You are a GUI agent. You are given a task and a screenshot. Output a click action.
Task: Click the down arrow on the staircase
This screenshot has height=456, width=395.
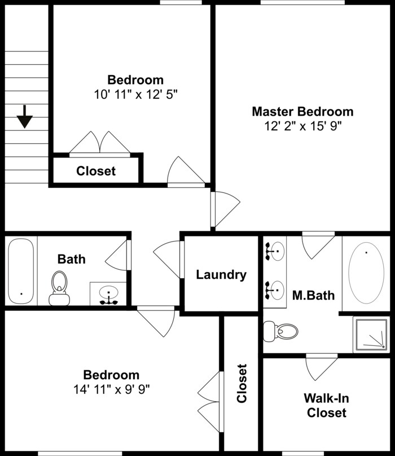(x=25, y=117)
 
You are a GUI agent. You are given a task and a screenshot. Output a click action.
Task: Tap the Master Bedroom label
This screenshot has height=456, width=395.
(x=302, y=111)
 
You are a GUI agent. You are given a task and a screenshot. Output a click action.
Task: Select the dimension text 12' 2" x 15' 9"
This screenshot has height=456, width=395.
(x=302, y=126)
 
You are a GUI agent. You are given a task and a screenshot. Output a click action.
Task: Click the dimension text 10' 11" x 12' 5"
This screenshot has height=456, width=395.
(x=135, y=94)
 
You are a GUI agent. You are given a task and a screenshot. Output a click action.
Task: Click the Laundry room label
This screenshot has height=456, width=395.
(x=221, y=275)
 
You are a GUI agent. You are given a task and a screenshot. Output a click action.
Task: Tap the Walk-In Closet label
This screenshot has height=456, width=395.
(x=326, y=406)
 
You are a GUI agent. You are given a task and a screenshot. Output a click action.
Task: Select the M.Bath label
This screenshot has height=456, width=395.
(x=313, y=295)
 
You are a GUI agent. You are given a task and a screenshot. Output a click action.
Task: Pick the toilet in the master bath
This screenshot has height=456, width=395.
(x=281, y=331)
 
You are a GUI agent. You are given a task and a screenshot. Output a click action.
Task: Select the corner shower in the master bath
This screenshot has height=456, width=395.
(x=371, y=335)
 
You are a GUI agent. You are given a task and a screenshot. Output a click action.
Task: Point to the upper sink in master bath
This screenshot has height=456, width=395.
(x=275, y=251)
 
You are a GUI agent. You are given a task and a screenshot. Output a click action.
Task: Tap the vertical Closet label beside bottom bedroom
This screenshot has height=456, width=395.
(x=242, y=384)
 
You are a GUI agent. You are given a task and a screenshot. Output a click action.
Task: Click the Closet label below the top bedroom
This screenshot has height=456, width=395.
(x=96, y=170)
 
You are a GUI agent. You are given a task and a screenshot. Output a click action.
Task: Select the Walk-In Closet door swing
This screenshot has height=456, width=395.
(x=321, y=367)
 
